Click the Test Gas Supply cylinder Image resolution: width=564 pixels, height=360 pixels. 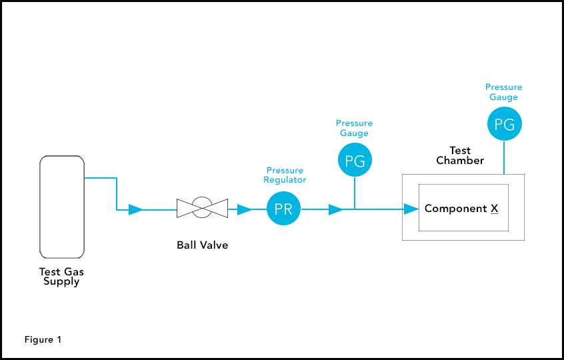62,206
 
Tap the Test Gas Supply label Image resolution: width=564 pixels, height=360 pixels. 62,277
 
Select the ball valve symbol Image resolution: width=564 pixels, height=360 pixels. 202,209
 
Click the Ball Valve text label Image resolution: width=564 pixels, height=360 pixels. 202,245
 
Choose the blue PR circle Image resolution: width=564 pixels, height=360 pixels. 283,209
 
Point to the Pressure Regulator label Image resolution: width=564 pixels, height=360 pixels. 285,175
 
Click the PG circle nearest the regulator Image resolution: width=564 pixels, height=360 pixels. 355,160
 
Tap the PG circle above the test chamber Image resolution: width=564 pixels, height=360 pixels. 504,124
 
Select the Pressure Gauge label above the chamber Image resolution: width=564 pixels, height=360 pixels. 504,92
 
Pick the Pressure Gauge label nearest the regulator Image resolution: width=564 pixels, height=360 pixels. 355,128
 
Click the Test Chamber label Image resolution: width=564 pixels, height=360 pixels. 460,155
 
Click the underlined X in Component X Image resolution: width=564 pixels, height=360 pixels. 495,209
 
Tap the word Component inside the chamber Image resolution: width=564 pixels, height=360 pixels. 456,209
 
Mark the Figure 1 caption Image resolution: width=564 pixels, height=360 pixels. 43,340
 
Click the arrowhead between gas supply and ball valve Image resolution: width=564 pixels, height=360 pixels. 135,210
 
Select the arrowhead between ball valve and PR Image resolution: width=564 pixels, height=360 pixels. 244,210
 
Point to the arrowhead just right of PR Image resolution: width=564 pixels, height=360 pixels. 335,210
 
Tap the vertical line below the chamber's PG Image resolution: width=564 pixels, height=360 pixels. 504,157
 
